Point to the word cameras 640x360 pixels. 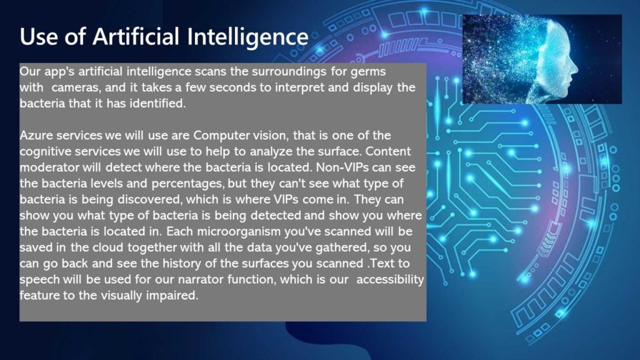point(76,87)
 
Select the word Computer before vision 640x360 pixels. point(222,136)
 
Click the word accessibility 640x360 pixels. point(390,279)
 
